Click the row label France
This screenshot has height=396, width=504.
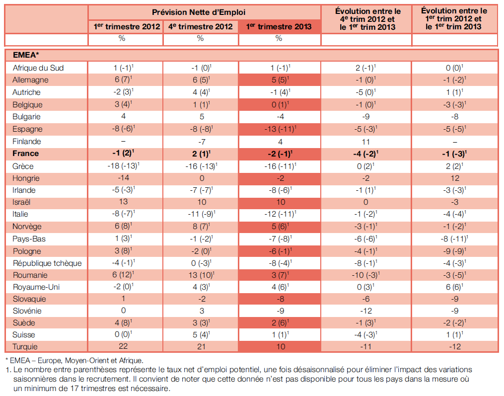point(25,154)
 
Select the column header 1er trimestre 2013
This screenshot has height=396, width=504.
point(279,27)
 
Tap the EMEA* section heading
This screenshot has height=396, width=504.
point(26,55)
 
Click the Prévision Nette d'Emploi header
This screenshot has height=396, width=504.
point(199,12)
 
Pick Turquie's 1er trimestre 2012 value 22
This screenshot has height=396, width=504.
point(123,346)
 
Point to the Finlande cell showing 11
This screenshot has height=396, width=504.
point(366,142)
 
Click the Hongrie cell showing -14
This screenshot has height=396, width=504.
point(124,178)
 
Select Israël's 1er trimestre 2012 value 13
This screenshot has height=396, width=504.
point(124,202)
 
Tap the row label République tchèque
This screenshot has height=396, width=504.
point(47,263)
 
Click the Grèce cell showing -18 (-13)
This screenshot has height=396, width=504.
point(124,165)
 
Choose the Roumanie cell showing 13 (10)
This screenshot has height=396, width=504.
point(202,275)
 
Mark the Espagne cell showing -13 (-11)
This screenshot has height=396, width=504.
point(280,129)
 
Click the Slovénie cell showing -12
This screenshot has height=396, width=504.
point(366,311)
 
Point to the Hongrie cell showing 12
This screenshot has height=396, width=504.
point(455,178)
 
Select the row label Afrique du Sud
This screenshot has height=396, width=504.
point(38,68)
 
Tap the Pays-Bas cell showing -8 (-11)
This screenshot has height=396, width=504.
point(454,238)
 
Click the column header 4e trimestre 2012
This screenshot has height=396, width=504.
point(201,27)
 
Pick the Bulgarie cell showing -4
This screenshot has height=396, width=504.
point(280,116)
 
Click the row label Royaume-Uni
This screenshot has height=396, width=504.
point(36,287)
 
